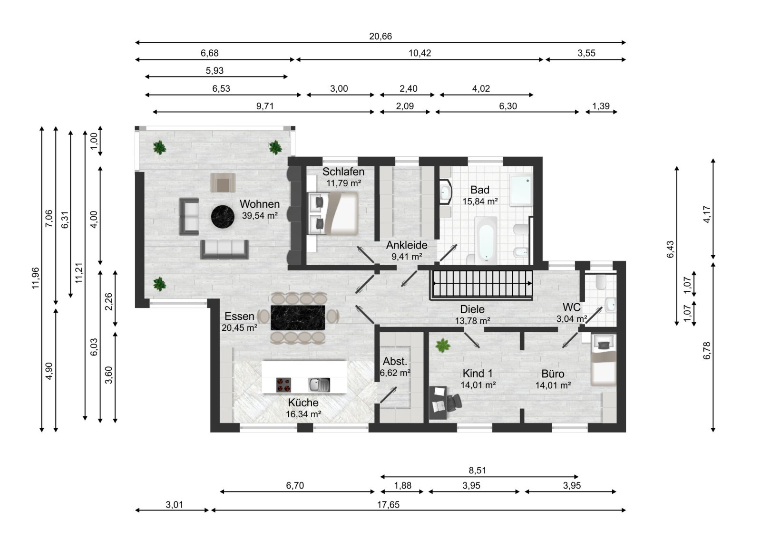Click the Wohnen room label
259,204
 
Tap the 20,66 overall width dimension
380,37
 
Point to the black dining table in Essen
298,317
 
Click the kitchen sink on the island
319,384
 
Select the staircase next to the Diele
481,284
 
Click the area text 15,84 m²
480,202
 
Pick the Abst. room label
395,362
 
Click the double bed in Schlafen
334,213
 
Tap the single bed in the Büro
603,360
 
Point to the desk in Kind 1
438,402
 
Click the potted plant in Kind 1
443,345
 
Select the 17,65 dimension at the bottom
388,505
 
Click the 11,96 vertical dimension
36,278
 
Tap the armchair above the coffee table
223,183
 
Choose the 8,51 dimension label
477,471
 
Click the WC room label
571,307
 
